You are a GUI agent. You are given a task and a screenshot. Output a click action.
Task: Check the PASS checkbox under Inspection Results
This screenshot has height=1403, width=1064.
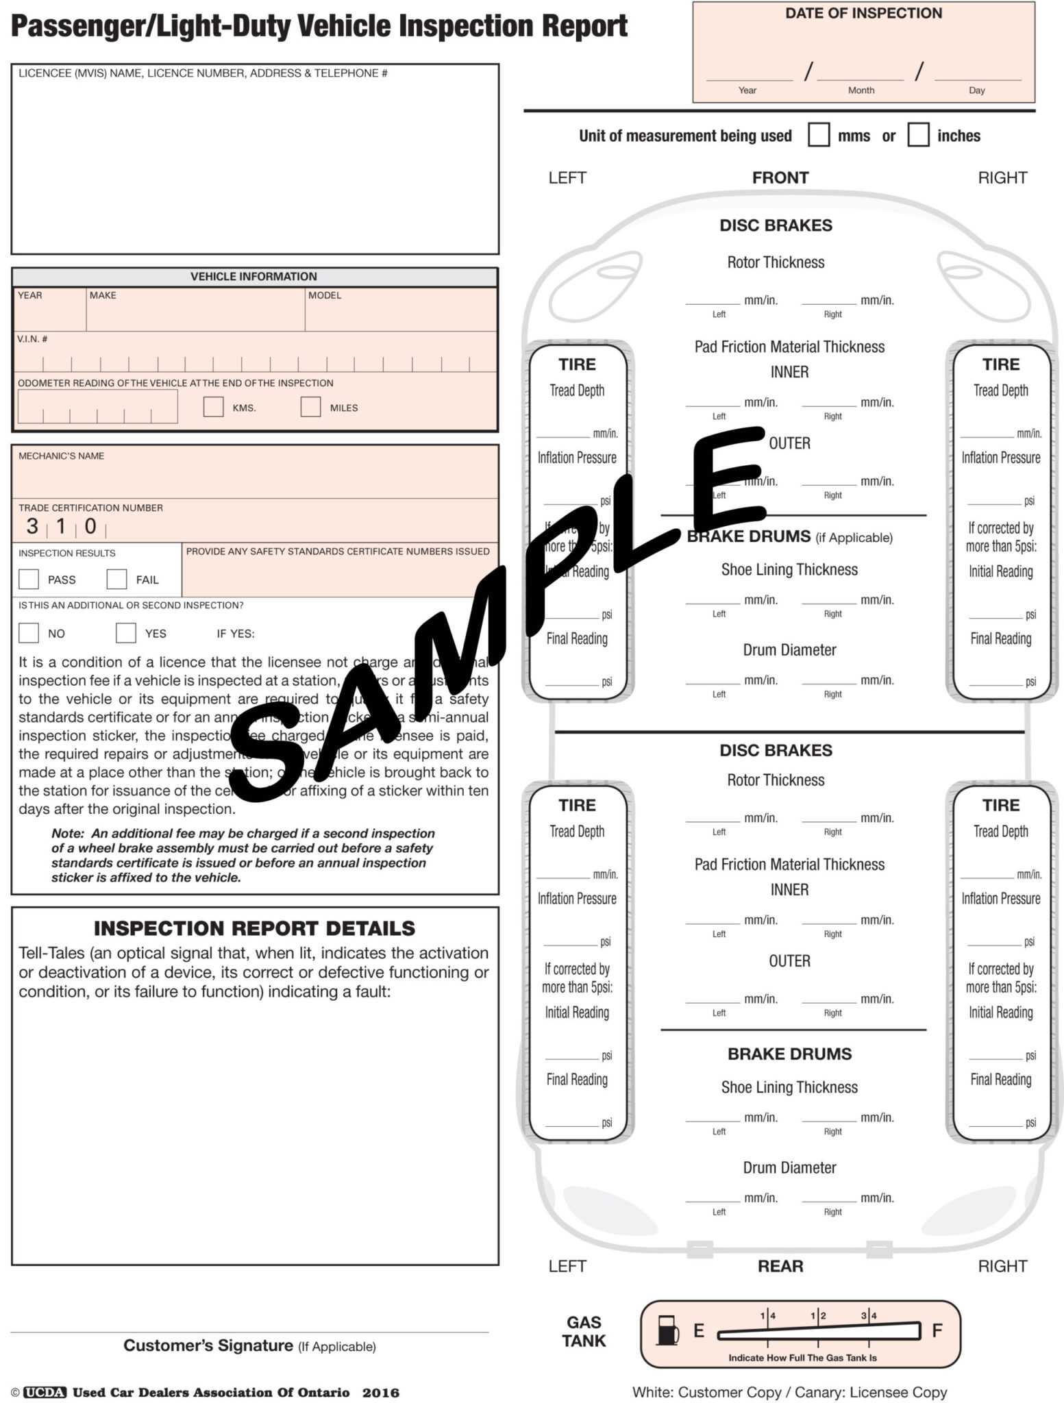pyautogui.click(x=29, y=579)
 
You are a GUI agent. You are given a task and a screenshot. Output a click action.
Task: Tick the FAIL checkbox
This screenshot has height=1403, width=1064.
pyautogui.click(x=116, y=579)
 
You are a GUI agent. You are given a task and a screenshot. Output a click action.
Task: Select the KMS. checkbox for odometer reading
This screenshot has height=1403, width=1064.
pyautogui.click(x=213, y=407)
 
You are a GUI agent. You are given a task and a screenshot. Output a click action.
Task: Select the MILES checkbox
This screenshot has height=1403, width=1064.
pyautogui.click(x=310, y=407)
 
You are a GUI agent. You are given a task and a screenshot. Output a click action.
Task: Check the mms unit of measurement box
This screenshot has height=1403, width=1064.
pyautogui.click(x=819, y=135)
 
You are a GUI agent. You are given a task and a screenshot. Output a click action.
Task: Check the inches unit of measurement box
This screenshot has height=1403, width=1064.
pyautogui.click(x=918, y=135)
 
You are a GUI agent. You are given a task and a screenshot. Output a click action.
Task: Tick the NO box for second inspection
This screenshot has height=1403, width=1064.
pyautogui.click(x=29, y=632)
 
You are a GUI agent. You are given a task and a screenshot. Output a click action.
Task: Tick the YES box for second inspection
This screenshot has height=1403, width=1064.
pyautogui.click(x=125, y=632)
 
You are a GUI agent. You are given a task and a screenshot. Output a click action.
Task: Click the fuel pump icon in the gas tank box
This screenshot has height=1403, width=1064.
pyautogui.click(x=667, y=1330)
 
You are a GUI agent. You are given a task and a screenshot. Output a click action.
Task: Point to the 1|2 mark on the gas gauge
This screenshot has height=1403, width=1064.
pyautogui.click(x=818, y=1315)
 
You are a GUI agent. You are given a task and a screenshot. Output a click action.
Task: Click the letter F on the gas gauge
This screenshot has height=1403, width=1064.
pyautogui.click(x=937, y=1330)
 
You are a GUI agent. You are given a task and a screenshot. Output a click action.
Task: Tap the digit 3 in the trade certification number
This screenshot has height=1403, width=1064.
pyautogui.click(x=32, y=526)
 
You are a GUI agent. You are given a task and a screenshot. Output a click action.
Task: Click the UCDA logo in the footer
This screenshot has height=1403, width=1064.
pyautogui.click(x=45, y=1392)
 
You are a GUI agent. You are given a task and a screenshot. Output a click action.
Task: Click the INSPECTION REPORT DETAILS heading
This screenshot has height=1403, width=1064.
pyautogui.click(x=254, y=928)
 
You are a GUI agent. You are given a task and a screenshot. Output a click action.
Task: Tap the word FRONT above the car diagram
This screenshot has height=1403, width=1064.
pyautogui.click(x=780, y=178)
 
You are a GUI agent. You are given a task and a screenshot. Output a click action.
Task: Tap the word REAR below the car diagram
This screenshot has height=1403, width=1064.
pyautogui.click(x=780, y=1266)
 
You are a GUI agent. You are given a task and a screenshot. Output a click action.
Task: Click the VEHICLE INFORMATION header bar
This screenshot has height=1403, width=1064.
pyautogui.click(x=253, y=277)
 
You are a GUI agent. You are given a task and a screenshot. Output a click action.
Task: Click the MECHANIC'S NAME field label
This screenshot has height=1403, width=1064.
pyautogui.click(x=61, y=456)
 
